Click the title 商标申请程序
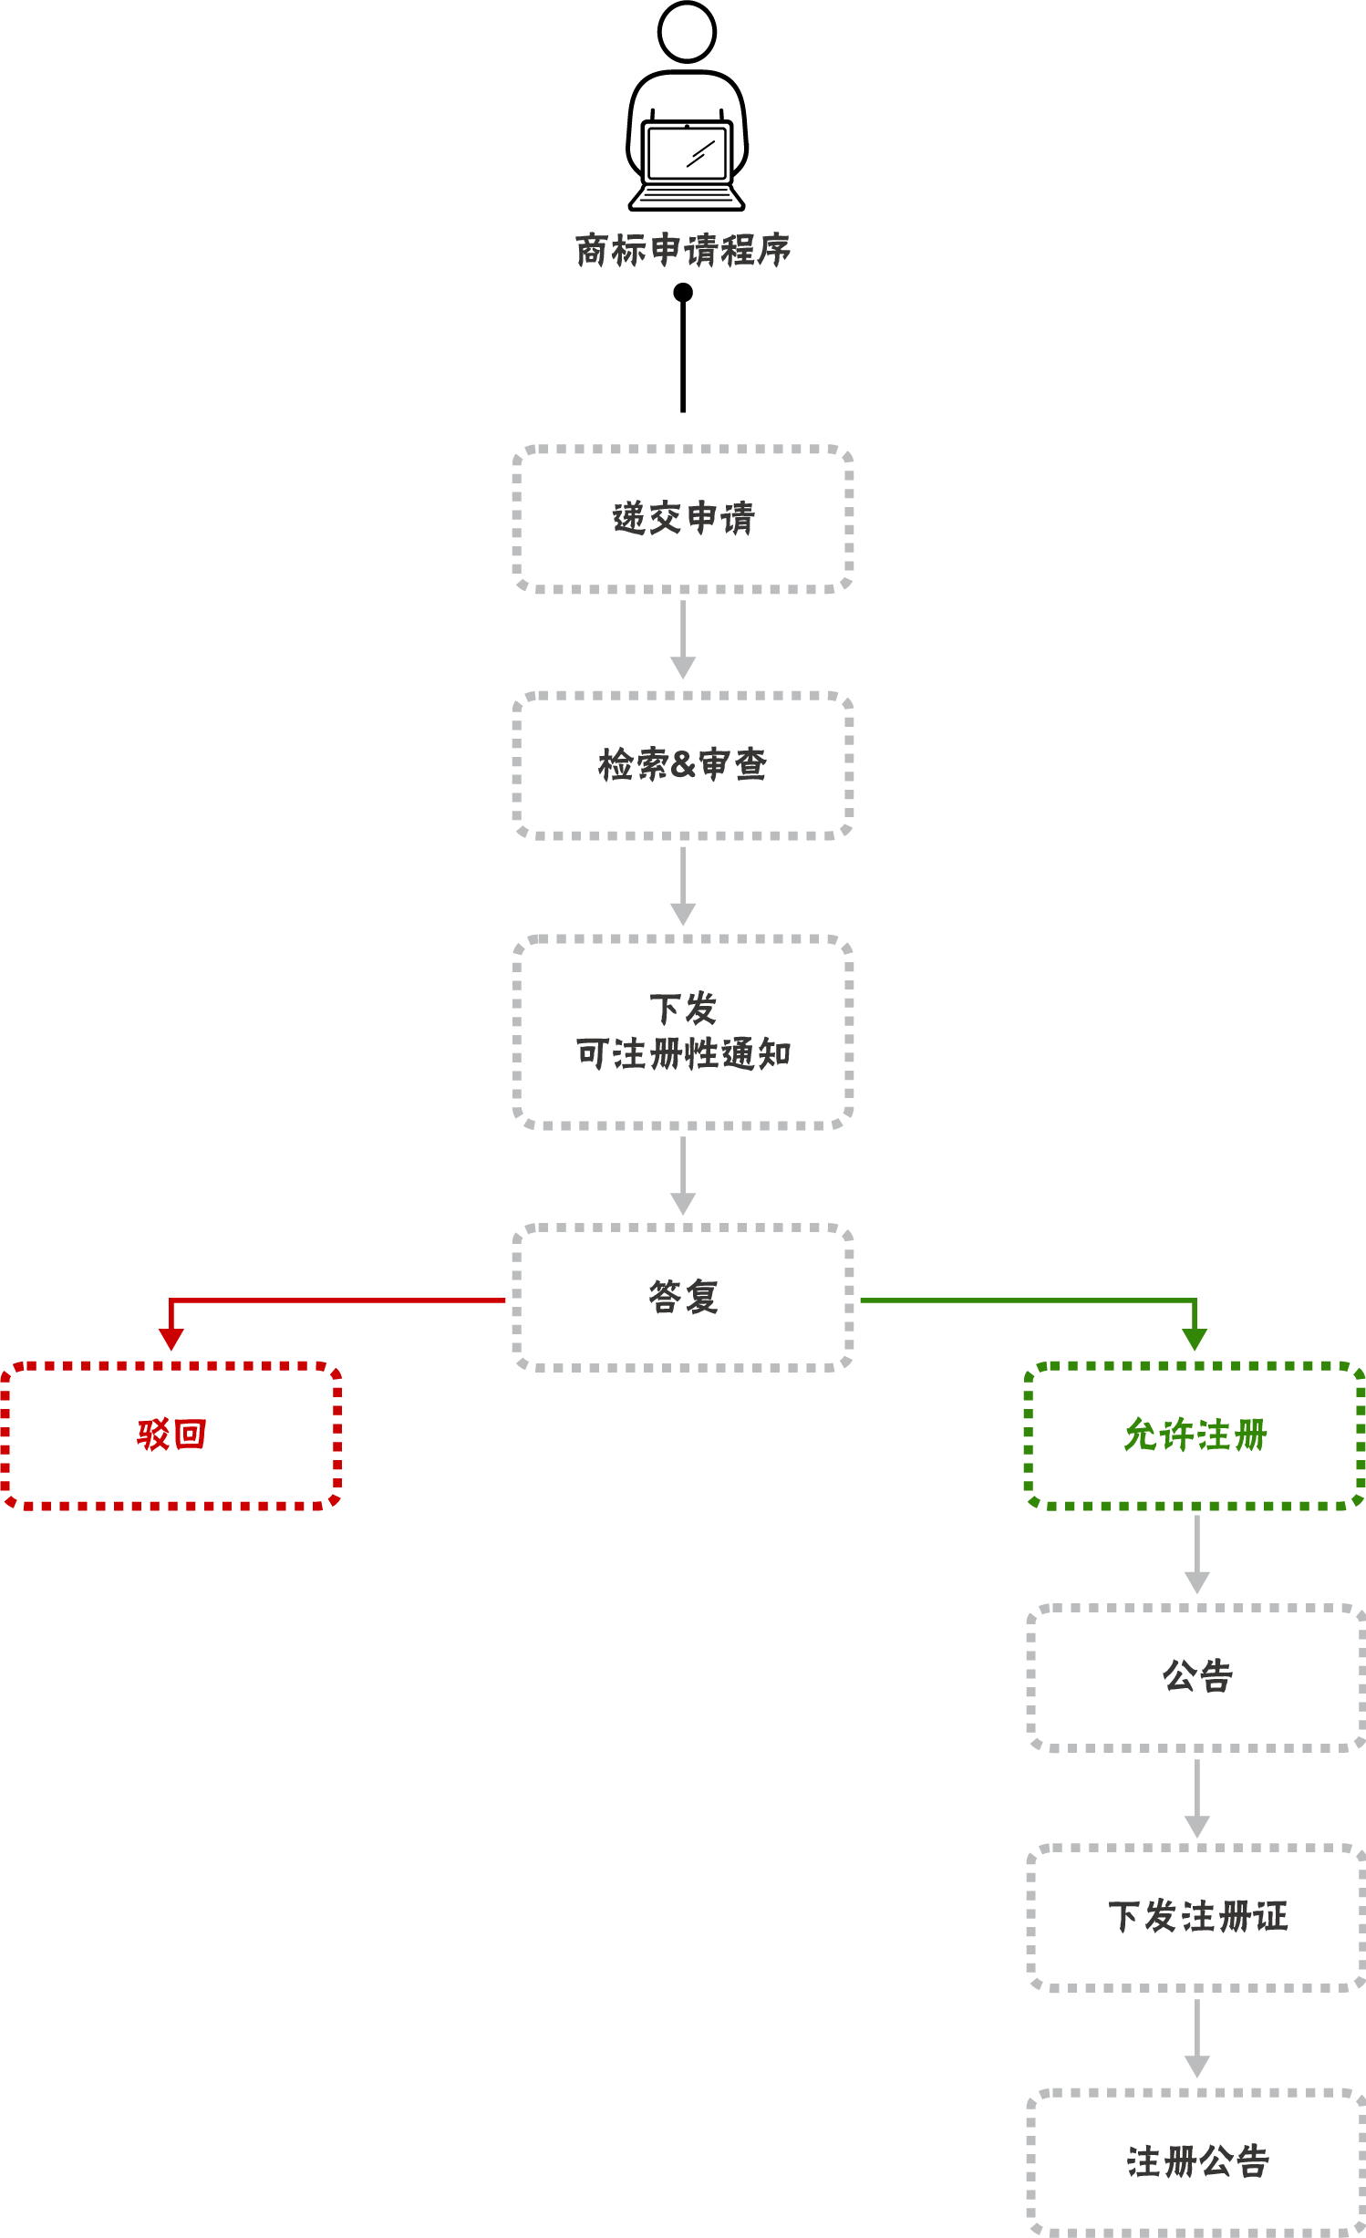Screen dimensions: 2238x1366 point(683,250)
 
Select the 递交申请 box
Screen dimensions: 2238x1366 point(683,519)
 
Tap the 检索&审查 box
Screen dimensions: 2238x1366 point(683,764)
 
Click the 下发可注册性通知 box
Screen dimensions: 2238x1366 point(683,1032)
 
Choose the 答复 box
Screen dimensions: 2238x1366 point(683,1297)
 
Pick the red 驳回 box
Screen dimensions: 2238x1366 point(171,1435)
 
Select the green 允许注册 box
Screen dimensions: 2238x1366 point(1195,1435)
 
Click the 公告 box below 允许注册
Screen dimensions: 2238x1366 point(1197,1676)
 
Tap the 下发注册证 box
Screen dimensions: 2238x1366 point(1197,1917)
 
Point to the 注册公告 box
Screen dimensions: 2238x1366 point(1197,2161)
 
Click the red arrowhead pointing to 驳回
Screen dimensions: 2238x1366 point(171,1339)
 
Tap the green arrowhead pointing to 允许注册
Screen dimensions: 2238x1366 point(1195,1339)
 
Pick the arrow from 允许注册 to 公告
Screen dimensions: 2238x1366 point(1197,1554)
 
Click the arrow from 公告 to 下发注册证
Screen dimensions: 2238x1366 point(1197,1798)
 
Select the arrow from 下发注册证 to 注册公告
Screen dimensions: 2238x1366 point(1197,2038)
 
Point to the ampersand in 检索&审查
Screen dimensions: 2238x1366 point(682,765)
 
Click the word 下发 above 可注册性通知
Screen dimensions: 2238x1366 point(683,1010)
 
